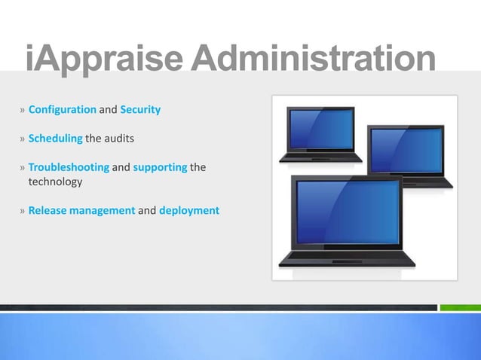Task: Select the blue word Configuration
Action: click(x=62, y=110)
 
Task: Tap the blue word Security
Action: click(x=140, y=110)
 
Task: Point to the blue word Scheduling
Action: click(x=55, y=139)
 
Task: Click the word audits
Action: click(x=118, y=139)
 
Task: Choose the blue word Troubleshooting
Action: click(x=69, y=167)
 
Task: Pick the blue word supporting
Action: click(x=160, y=167)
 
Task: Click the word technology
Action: click(x=55, y=182)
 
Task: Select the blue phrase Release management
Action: click(x=81, y=211)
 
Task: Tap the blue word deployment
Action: click(x=189, y=211)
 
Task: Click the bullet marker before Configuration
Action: click(x=23, y=111)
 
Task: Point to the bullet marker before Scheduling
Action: click(x=23, y=139)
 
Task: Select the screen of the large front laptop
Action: click(x=345, y=212)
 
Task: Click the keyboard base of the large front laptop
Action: click(x=347, y=258)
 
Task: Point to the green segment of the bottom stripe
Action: click(x=460, y=307)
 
